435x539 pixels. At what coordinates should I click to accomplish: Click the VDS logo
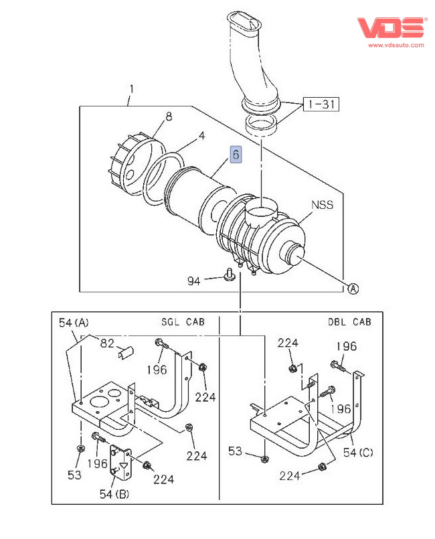click(391, 27)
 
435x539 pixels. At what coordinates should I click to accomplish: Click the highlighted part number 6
click(235, 155)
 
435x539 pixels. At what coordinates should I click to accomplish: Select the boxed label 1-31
click(321, 104)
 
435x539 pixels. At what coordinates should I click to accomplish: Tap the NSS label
click(322, 205)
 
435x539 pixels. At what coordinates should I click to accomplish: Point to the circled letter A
click(353, 289)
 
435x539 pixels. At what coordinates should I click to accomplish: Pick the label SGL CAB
click(183, 321)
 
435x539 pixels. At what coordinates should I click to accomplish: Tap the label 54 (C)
click(357, 453)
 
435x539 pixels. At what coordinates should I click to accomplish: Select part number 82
click(108, 343)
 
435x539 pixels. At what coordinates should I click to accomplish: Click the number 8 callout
click(169, 117)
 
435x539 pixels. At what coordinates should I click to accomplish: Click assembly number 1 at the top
click(131, 89)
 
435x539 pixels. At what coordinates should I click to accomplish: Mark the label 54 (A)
click(74, 323)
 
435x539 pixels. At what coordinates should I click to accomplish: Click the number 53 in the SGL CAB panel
click(74, 475)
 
